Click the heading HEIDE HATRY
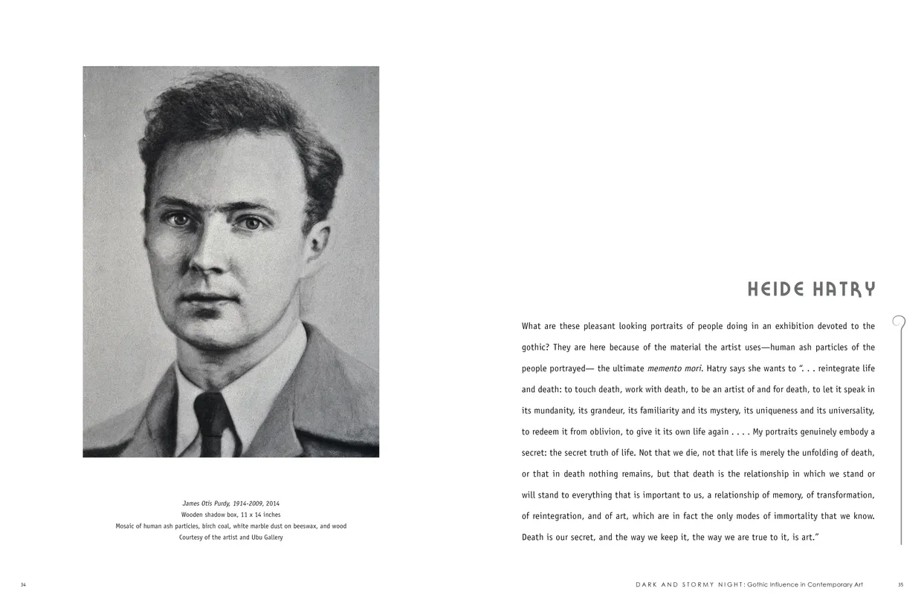(811, 289)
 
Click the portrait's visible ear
(317, 245)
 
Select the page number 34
(23, 584)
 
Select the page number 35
(900, 584)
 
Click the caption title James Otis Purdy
(213, 503)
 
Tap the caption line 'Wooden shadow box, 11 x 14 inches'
(231, 515)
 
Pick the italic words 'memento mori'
(674, 368)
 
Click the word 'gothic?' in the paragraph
(535, 348)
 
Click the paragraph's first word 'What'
(531, 326)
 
